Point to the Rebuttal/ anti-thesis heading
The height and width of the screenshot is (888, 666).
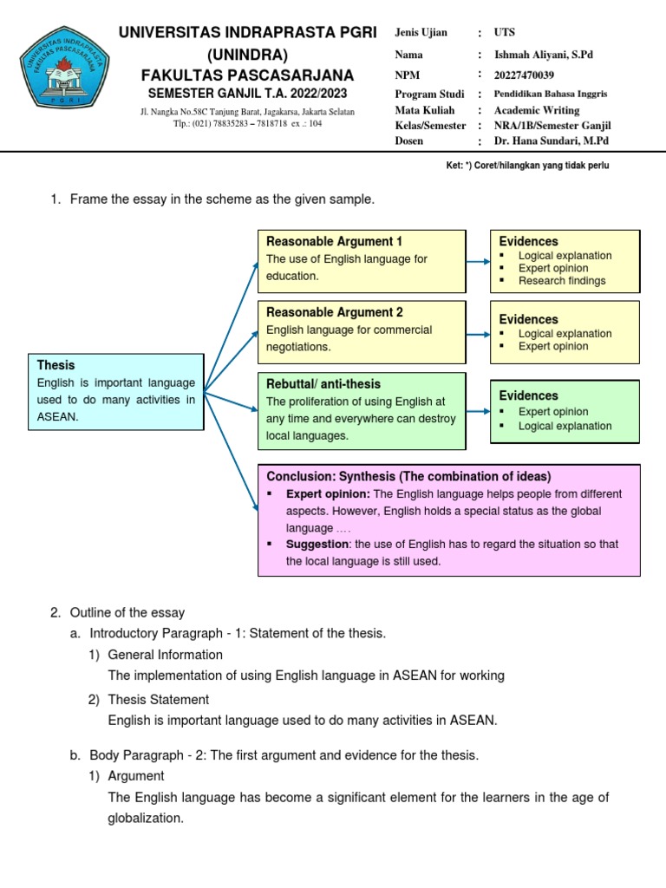pyautogui.click(x=323, y=383)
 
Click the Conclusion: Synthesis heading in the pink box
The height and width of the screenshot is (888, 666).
pyautogui.click(x=408, y=476)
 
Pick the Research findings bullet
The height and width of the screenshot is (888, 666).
pyautogui.click(x=562, y=281)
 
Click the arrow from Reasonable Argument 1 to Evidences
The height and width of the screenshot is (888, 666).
pyautogui.click(x=478, y=260)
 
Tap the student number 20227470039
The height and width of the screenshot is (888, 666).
pyautogui.click(x=524, y=75)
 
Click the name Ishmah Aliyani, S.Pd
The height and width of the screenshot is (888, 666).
pyautogui.click(x=544, y=55)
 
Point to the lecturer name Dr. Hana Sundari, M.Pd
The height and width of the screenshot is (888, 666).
pyautogui.click(x=552, y=140)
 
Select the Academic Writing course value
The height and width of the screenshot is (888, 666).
pyautogui.click(x=537, y=110)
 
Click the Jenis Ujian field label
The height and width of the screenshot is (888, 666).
pyautogui.click(x=421, y=33)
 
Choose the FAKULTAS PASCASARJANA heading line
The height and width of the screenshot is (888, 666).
pyautogui.click(x=247, y=75)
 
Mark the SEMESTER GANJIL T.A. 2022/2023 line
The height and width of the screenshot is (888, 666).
pyautogui.click(x=247, y=93)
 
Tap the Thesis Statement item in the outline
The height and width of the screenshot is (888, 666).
pyautogui.click(x=159, y=699)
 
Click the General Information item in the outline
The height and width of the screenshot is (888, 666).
pyautogui.click(x=165, y=654)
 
